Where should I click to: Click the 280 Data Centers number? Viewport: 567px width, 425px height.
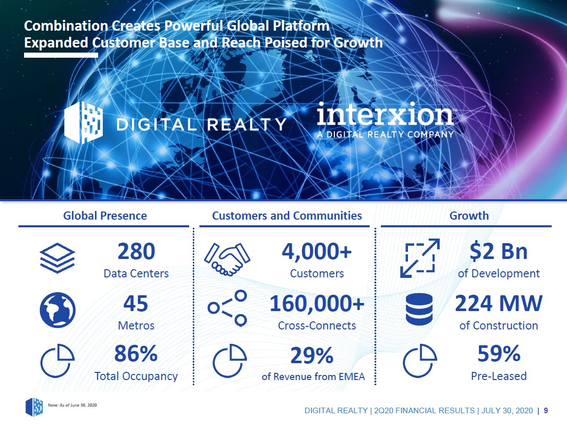(137, 251)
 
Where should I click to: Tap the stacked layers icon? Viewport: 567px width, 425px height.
(57, 258)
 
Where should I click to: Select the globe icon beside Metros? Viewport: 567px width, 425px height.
(57, 310)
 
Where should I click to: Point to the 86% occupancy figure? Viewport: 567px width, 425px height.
(136, 353)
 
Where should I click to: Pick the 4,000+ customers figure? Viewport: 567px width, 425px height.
(317, 251)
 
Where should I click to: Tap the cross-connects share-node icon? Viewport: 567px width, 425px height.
(228, 308)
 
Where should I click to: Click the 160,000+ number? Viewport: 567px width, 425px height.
(317, 303)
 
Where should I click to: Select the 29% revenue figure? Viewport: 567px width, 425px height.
(312, 356)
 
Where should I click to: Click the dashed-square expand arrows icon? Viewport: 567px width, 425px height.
(420, 258)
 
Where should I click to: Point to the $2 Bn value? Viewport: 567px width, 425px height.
(498, 251)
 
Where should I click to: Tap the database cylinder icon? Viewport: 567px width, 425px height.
(419, 310)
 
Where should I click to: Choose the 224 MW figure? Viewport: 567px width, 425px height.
(498, 303)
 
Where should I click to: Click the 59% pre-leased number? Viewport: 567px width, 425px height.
(499, 353)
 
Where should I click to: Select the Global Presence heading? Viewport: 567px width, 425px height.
(105, 216)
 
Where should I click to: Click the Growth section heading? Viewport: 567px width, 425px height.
(469, 216)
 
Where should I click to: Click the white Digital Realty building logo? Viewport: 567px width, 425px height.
(83, 123)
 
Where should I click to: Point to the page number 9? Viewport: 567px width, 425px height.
(546, 411)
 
